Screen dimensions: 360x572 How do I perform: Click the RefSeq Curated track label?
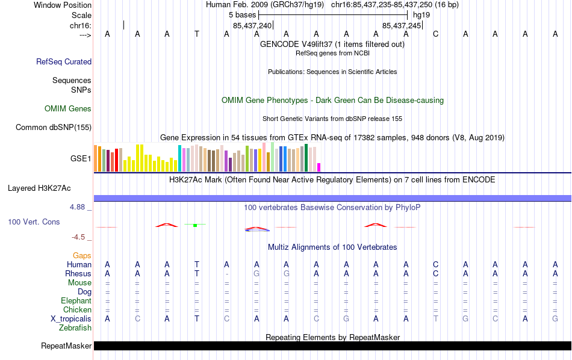click(64, 61)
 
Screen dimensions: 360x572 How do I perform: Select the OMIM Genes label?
click(68, 109)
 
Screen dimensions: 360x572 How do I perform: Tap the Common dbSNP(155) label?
click(54, 127)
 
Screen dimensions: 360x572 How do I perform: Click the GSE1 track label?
click(81, 159)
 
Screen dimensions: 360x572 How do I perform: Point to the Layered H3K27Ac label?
click(49, 188)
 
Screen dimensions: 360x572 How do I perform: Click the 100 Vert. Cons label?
click(34, 222)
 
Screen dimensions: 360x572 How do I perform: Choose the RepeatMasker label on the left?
click(66, 346)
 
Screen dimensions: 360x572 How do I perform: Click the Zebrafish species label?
click(75, 328)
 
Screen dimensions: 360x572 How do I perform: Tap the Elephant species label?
click(76, 300)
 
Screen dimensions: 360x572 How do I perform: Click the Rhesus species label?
click(78, 273)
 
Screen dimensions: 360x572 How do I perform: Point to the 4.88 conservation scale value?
click(80, 207)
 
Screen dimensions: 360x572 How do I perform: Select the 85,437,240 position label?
click(252, 26)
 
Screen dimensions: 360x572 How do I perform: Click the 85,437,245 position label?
click(402, 26)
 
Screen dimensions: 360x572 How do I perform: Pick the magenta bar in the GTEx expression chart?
click(319, 167)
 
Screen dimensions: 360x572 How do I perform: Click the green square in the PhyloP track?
click(196, 225)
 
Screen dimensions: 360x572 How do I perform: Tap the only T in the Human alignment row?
click(197, 264)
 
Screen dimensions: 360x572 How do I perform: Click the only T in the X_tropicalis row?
click(436, 318)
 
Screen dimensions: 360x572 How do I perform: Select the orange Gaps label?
click(82, 255)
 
